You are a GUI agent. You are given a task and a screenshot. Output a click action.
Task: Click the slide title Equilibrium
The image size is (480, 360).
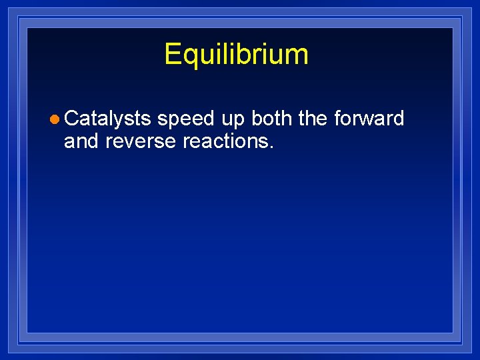236,54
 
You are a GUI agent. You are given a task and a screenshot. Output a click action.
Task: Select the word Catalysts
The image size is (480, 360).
108,119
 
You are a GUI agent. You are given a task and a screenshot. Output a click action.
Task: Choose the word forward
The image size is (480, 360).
369,119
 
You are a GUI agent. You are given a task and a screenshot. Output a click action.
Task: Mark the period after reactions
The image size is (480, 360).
271,146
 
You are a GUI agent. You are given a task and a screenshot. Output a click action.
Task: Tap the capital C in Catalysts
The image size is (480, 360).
72,119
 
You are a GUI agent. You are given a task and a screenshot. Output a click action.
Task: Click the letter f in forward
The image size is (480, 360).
337,119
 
